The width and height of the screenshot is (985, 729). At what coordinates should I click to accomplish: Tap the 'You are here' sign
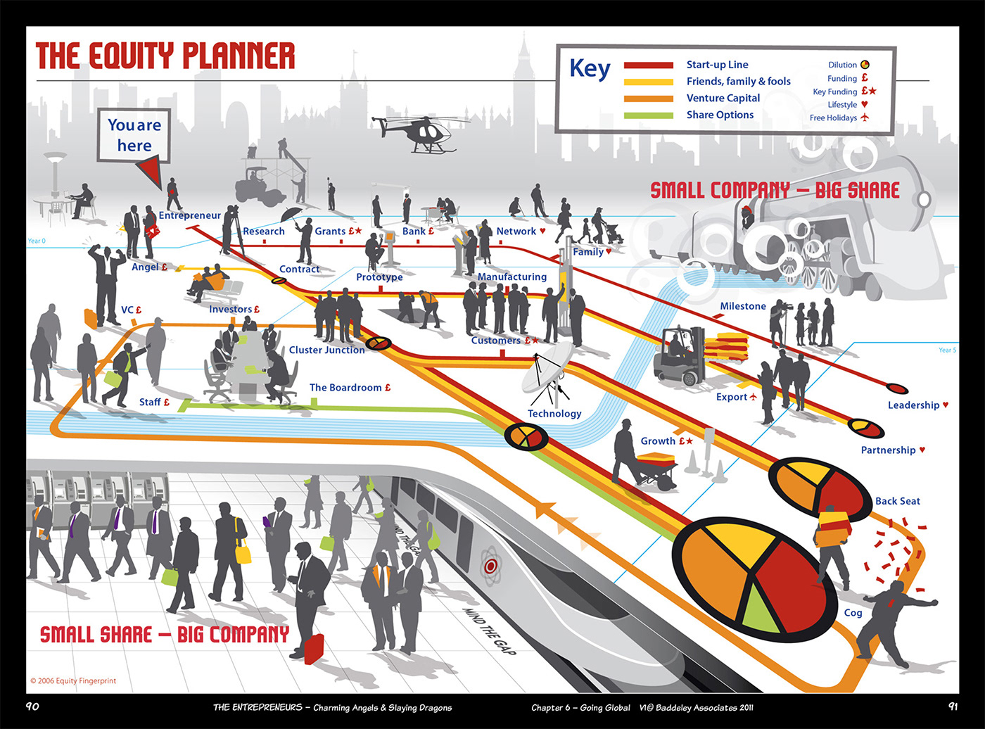(134, 135)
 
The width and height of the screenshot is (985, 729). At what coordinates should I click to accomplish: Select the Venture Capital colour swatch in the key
(648, 99)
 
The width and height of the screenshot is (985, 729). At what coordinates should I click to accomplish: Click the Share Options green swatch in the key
(648, 115)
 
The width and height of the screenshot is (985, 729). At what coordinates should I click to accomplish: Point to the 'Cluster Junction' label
(326, 350)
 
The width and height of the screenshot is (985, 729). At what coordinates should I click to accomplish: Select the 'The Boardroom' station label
(345, 388)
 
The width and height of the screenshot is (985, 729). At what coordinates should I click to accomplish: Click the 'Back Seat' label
(897, 501)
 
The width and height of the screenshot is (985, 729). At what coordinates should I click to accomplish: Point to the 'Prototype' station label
(379, 277)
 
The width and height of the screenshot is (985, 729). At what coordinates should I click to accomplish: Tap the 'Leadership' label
(913, 405)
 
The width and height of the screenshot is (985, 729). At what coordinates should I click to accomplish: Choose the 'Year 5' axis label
(947, 350)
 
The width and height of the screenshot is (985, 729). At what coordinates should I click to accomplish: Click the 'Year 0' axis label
(37, 241)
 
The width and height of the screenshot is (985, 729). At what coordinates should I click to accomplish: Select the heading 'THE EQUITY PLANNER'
(165, 56)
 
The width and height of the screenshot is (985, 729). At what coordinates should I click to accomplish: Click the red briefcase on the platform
(313, 647)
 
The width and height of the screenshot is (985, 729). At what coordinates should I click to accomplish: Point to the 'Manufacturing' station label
(511, 277)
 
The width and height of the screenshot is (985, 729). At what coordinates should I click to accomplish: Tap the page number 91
(953, 706)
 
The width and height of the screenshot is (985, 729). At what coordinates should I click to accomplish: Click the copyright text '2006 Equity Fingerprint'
(73, 680)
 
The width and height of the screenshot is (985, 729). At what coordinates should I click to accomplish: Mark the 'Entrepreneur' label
(189, 215)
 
